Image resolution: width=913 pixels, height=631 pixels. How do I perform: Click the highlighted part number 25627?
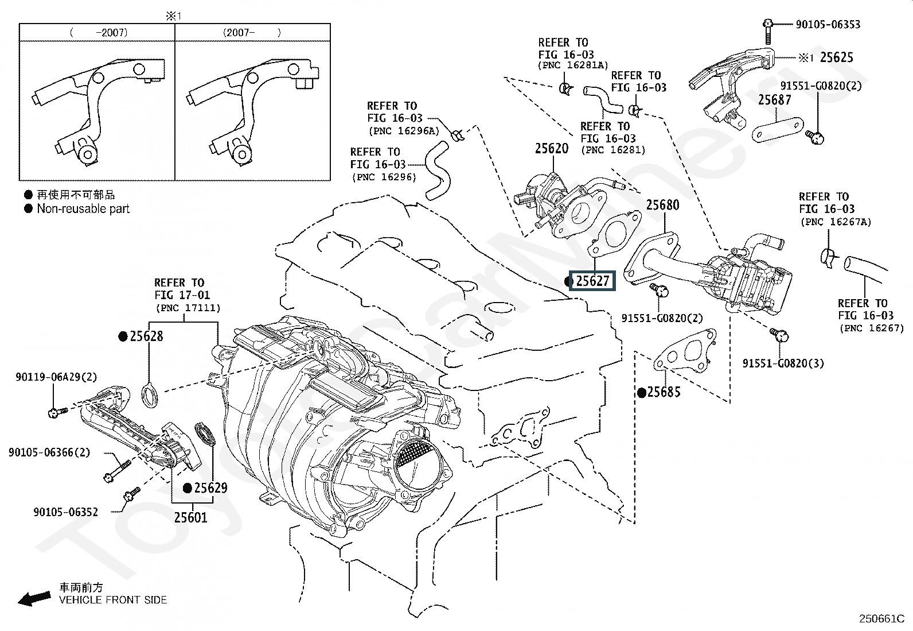tap(592, 281)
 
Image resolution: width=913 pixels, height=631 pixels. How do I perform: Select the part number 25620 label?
tap(552, 149)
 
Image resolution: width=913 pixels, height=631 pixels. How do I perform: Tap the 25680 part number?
tap(662, 205)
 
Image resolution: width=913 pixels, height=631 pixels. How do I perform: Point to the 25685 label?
tap(664, 392)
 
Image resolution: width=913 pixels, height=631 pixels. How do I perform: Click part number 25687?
tap(774, 100)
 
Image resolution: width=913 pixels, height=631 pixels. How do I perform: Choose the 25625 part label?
tap(836, 57)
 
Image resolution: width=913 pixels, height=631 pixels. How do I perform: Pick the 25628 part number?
tap(146, 336)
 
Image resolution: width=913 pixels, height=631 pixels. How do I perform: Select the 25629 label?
tap(210, 488)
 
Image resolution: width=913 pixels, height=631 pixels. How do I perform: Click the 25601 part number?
tap(190, 518)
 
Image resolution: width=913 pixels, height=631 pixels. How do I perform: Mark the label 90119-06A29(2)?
tap(56, 377)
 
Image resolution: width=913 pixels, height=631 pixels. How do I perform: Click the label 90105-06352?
tap(65, 512)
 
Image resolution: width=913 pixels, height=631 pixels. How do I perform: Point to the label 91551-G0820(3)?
tap(783, 363)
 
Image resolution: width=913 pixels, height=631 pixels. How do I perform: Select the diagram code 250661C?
tap(881, 618)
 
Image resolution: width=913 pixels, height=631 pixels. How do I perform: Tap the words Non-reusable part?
tap(83, 209)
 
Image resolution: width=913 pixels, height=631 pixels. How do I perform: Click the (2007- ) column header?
tap(252, 33)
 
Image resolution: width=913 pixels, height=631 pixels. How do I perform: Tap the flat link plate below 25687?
tap(777, 130)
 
